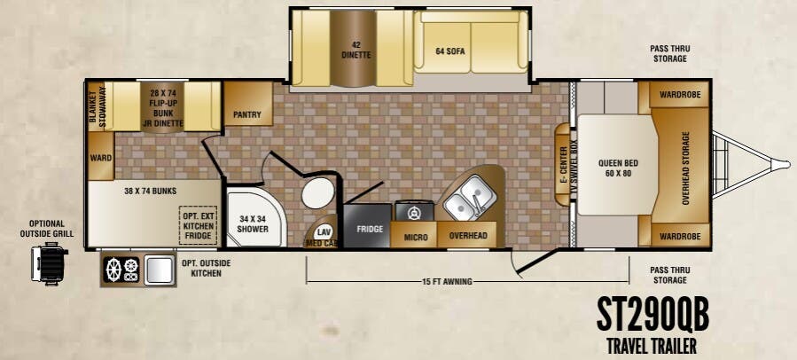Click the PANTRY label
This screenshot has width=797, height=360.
tap(247, 114)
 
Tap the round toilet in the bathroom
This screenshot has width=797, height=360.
tap(317, 193)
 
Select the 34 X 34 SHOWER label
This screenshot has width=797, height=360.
tap(253, 224)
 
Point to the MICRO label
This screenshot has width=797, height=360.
tap(416, 238)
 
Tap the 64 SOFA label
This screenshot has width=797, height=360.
tap(450, 51)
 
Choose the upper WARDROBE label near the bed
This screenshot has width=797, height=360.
tap(680, 95)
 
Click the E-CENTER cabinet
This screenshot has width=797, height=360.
tap(563, 165)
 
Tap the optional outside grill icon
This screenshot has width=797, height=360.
tap(50, 262)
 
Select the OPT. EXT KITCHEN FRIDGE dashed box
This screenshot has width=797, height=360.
tap(198, 225)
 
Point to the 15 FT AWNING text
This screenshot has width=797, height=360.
tap(447, 282)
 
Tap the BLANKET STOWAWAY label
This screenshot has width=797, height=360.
tap(98, 107)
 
